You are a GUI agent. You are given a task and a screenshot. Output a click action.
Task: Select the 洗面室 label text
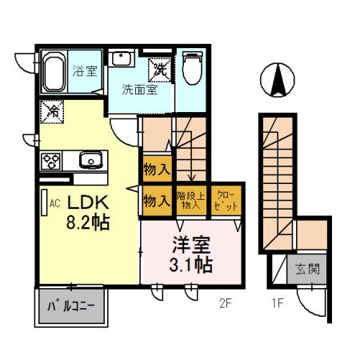click(x=139, y=90)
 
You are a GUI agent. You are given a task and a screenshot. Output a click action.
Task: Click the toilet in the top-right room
click(x=193, y=70)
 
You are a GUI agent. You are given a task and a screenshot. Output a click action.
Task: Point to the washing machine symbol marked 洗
click(x=161, y=70)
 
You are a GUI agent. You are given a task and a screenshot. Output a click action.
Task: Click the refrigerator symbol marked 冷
click(x=52, y=110)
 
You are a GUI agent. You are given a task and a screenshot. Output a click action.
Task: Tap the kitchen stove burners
click(x=51, y=160)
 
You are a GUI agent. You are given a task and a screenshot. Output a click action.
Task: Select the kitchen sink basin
click(x=91, y=160)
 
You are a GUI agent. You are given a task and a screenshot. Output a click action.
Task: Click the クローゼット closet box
click(x=226, y=200)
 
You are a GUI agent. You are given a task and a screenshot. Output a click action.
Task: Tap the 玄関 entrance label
click(x=306, y=270)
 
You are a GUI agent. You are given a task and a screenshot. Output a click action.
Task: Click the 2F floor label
click(x=227, y=304)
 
